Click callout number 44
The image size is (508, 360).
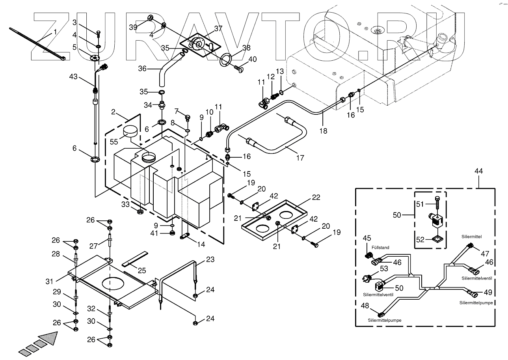pyautogui.click(x=478, y=171)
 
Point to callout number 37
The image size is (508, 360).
pyautogui.click(x=218, y=29)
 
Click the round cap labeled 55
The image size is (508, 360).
pyautogui.click(x=130, y=132)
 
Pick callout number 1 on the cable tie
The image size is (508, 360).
pyautogui.click(x=55, y=31)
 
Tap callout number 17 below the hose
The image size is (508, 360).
pyautogui.click(x=300, y=158)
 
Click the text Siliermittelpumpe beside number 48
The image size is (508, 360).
pyautogui.click(x=385, y=320)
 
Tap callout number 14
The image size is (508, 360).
pyautogui.click(x=201, y=244)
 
